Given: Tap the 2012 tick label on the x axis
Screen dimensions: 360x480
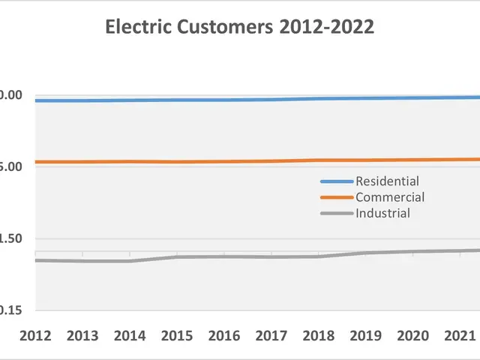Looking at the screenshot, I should pyautogui.click(x=35, y=334).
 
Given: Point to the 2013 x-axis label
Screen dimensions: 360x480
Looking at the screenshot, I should pyautogui.click(x=82, y=334).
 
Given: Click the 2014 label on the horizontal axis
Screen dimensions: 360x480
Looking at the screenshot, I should pyautogui.click(x=130, y=334).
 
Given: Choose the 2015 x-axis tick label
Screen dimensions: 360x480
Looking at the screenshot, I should pyautogui.click(x=177, y=334).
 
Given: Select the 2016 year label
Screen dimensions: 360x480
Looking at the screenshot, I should pyautogui.click(x=224, y=334).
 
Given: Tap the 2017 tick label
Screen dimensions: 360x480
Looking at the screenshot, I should pyautogui.click(x=271, y=334).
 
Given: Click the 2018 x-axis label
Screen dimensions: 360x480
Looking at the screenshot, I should pyautogui.click(x=319, y=334).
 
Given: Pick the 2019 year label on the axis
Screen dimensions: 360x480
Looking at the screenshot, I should pyautogui.click(x=366, y=334).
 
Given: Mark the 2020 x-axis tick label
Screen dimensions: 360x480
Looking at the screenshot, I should pyautogui.click(x=413, y=334).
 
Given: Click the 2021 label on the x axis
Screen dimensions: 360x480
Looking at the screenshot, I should pyautogui.click(x=460, y=334).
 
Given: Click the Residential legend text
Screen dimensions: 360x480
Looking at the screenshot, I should pyautogui.click(x=387, y=181).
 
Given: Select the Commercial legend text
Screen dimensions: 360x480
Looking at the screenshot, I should pyautogui.click(x=390, y=197).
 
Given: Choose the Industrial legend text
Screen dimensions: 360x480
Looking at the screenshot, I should pyautogui.click(x=382, y=213).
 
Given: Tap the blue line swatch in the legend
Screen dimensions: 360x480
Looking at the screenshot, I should pyautogui.click(x=336, y=181).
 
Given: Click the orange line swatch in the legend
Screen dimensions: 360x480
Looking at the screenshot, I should pyautogui.click(x=336, y=197).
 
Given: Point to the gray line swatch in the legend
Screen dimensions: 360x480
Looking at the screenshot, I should pyautogui.click(x=336, y=213).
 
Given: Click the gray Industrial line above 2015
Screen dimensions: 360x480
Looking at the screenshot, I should pyautogui.click(x=177, y=257).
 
